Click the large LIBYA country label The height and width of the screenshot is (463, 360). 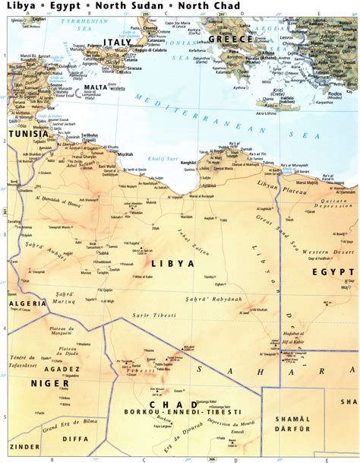coord(173,263)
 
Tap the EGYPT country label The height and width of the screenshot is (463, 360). coord(333,271)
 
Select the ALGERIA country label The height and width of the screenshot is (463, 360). coord(21,303)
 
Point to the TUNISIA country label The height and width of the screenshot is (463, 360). coord(28,133)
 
